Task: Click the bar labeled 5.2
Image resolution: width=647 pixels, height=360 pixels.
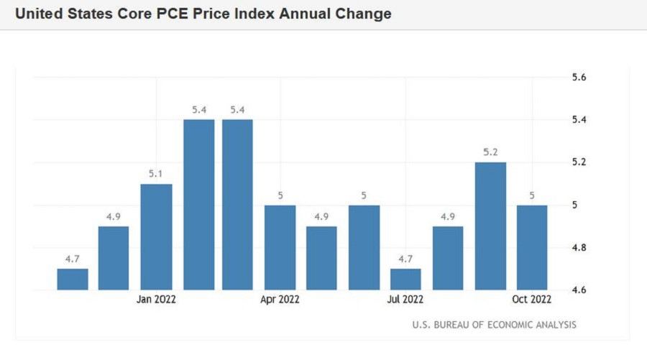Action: (x=490, y=226)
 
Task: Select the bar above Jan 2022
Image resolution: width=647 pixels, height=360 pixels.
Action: (x=155, y=237)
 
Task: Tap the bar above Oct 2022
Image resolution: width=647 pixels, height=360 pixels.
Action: (x=532, y=247)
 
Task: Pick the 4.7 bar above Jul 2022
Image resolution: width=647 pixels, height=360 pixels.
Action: (x=405, y=279)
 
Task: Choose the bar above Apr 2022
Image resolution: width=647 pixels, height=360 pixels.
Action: (x=280, y=247)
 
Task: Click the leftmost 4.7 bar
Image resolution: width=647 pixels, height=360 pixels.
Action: (x=73, y=279)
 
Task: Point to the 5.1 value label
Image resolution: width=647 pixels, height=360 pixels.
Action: (x=156, y=175)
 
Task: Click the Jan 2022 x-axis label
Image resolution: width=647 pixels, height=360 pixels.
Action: (x=155, y=299)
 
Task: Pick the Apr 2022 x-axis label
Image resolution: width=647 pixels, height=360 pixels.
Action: (x=280, y=299)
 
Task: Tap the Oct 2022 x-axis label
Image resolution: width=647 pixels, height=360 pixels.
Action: (x=532, y=299)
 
